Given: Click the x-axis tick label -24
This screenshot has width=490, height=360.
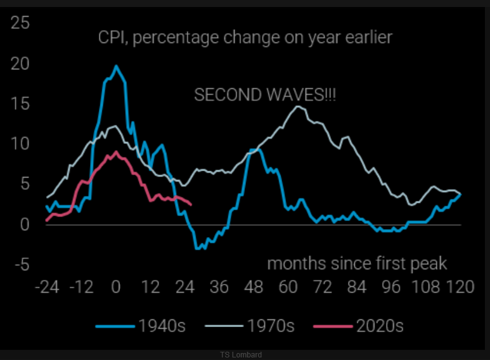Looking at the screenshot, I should pyautogui.click(x=47, y=287).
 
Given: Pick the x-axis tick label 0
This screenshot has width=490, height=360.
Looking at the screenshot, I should pyautogui.click(x=115, y=287).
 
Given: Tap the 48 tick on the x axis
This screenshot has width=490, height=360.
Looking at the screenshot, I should pyautogui.click(x=254, y=287).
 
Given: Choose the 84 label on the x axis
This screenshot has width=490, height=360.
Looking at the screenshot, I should pyautogui.click(x=358, y=287).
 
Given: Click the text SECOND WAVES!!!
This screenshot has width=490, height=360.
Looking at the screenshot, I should pyautogui.click(x=265, y=95).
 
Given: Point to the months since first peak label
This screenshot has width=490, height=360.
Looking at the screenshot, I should pyautogui.click(x=357, y=263).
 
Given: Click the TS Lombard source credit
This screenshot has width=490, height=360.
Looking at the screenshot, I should pyautogui.click(x=241, y=355).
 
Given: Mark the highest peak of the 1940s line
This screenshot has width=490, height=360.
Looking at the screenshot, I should pyautogui.click(x=116, y=65).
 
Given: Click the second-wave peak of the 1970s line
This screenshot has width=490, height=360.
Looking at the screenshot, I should pyautogui.click(x=298, y=106).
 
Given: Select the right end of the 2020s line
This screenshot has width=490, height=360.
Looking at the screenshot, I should pyautogui.click(x=191, y=204).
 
